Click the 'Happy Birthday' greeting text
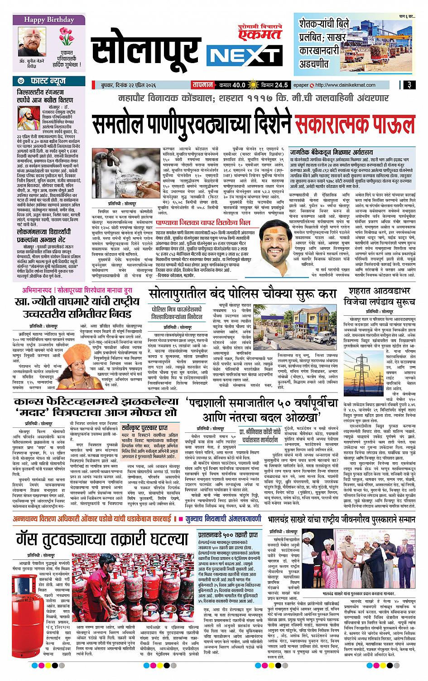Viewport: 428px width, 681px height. coord(48,20)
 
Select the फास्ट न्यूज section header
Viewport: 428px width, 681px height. coord(48,82)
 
